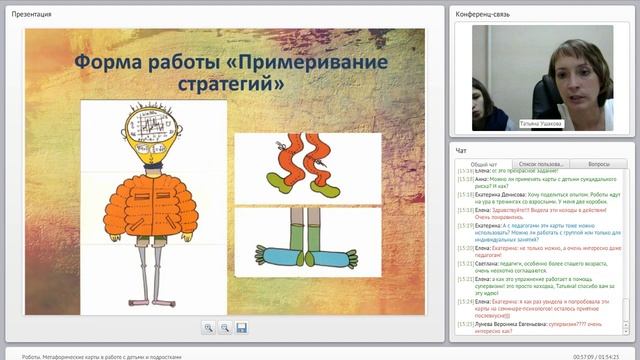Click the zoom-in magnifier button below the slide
[208, 327]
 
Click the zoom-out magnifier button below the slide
[224, 327]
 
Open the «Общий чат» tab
[484, 163]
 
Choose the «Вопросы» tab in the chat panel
[599, 163]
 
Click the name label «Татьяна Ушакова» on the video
[541, 124]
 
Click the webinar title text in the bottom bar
[94, 355]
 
